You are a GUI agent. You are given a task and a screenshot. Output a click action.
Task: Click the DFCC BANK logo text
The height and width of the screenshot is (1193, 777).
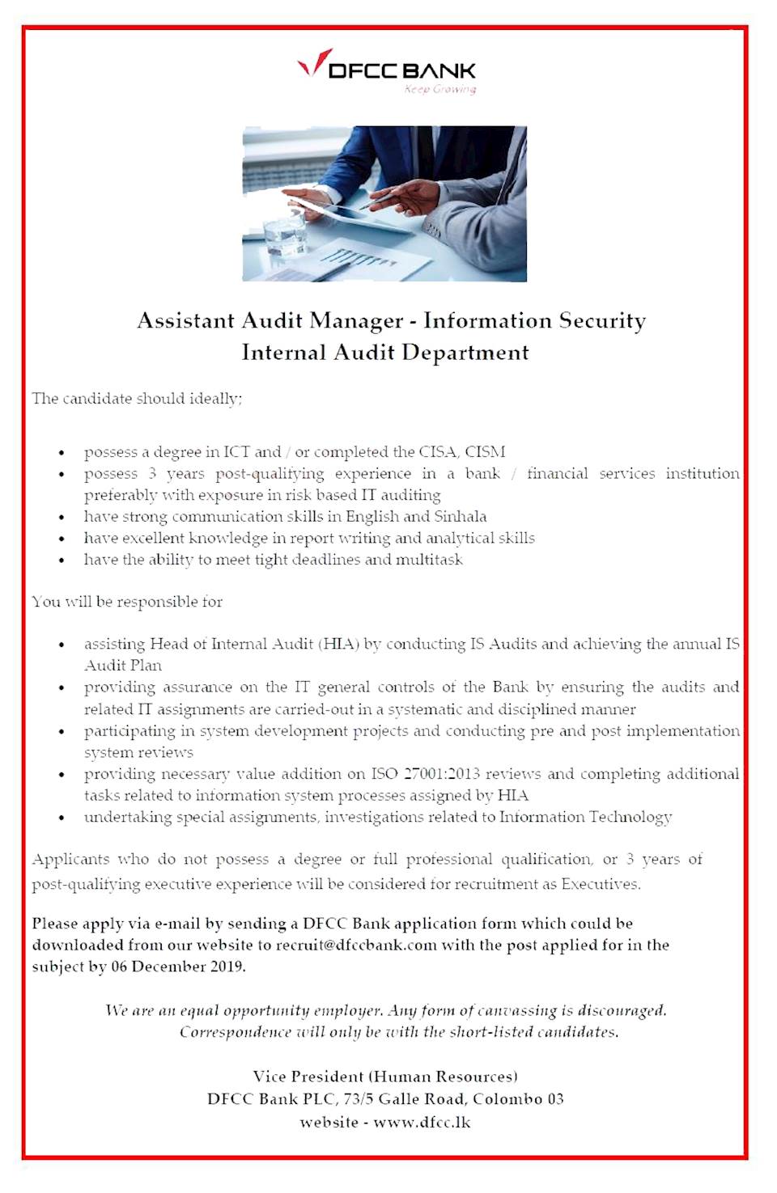tap(402, 70)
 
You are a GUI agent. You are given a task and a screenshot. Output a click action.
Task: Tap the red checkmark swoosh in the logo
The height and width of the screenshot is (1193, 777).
tap(314, 62)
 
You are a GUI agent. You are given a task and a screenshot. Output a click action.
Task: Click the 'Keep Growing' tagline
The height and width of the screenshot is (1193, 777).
tap(440, 89)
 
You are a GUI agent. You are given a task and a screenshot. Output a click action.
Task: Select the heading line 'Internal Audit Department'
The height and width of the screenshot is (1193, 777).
tap(385, 353)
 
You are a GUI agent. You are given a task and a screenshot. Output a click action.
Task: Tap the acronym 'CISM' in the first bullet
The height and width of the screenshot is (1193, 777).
tap(485, 451)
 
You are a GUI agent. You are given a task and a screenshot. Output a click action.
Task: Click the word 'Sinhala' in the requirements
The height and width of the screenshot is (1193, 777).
tap(461, 516)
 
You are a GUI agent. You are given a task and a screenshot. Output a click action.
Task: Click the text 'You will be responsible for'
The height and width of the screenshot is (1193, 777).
tap(127, 602)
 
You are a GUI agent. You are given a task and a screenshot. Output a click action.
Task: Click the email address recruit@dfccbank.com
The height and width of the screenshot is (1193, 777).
tap(356, 945)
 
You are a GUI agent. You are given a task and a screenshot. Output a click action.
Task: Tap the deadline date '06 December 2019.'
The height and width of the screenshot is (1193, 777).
tap(178, 967)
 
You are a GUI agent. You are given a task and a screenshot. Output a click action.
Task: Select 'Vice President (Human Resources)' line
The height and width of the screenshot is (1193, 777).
tap(385, 1077)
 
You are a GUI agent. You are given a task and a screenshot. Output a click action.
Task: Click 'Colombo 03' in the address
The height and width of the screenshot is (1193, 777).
tap(518, 1099)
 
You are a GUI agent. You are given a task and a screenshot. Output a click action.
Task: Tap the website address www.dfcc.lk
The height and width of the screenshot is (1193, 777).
tap(422, 1123)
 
